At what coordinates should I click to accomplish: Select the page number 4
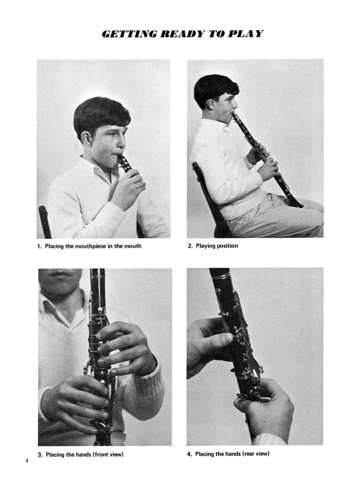tap(27, 460)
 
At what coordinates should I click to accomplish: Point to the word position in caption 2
tap(227, 246)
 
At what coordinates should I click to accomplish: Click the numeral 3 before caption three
tap(40, 455)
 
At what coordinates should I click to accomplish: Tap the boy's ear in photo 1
tap(86, 139)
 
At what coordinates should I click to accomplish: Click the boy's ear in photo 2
tap(211, 104)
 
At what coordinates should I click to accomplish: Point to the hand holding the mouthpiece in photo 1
tap(128, 190)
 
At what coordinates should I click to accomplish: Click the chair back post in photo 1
tap(44, 221)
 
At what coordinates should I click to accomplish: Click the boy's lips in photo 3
tap(59, 274)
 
